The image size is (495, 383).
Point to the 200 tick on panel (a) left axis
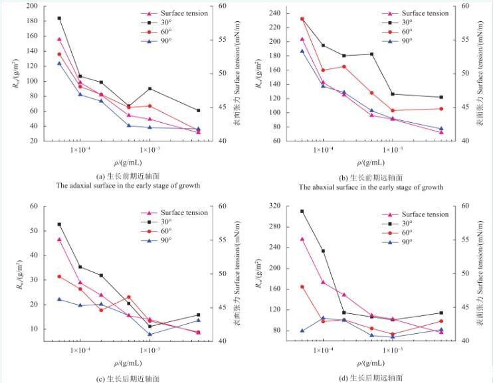(x=32, y=6)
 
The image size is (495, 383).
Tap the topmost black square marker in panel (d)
(x=302, y=211)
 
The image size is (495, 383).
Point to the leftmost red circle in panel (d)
(x=302, y=287)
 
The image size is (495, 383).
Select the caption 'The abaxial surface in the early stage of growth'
(x=371, y=187)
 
